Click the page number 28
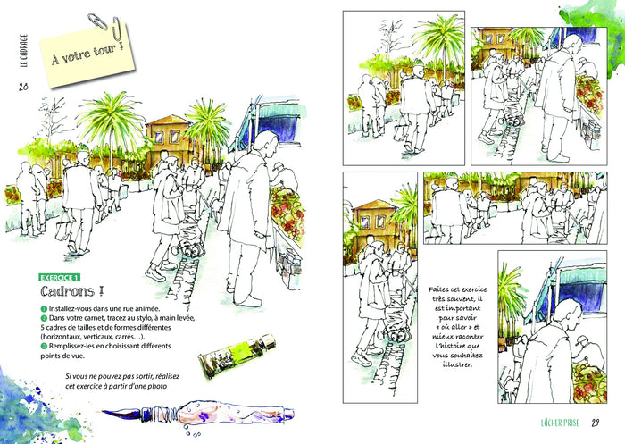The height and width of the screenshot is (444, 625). point(23,86)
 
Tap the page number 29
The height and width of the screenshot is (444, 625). point(596,423)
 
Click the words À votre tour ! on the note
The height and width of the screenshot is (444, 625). point(87,54)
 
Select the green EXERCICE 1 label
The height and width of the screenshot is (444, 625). point(60,278)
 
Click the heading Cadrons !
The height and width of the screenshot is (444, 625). point(72,291)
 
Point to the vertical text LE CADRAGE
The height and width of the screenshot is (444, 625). point(24,50)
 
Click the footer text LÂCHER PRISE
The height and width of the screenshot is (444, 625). point(560,423)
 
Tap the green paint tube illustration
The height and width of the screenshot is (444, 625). point(237,356)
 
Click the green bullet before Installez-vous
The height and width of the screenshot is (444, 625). point(44,309)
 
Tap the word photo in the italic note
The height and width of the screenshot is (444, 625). point(157,386)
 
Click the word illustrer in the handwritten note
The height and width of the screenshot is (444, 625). point(457,364)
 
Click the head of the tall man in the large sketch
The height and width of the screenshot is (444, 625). point(266,144)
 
